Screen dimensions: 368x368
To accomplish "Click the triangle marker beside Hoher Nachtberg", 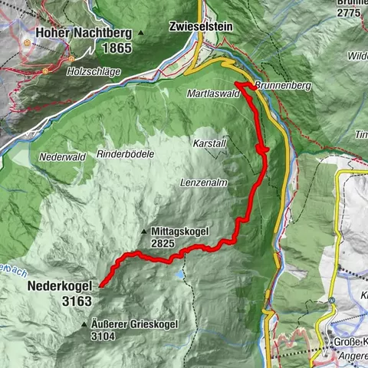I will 141,34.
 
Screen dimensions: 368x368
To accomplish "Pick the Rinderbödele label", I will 126,154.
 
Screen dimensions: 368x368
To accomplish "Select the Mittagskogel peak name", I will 180,231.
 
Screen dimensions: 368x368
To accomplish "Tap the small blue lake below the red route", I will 180,272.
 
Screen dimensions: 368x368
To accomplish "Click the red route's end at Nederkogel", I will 100,284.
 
